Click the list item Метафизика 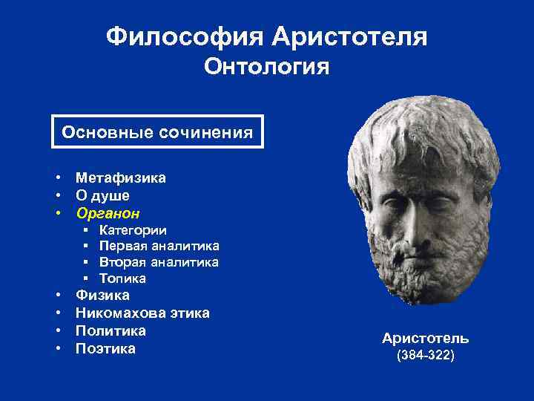pyautogui.click(x=121, y=177)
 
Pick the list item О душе pyautogui.click(x=102, y=195)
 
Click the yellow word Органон pyautogui.click(x=108, y=213)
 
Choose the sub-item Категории pyautogui.click(x=133, y=230)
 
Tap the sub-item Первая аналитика pyautogui.click(x=159, y=246)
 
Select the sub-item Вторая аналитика pyautogui.click(x=159, y=262)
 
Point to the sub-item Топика pyautogui.click(x=122, y=278)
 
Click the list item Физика pyautogui.click(x=102, y=296)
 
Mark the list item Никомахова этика pyautogui.click(x=142, y=313)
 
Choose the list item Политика pyautogui.click(x=111, y=330)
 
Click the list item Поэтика pyautogui.click(x=105, y=348)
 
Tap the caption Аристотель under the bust pyautogui.click(x=425, y=339)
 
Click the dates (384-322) pyautogui.click(x=426, y=356)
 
